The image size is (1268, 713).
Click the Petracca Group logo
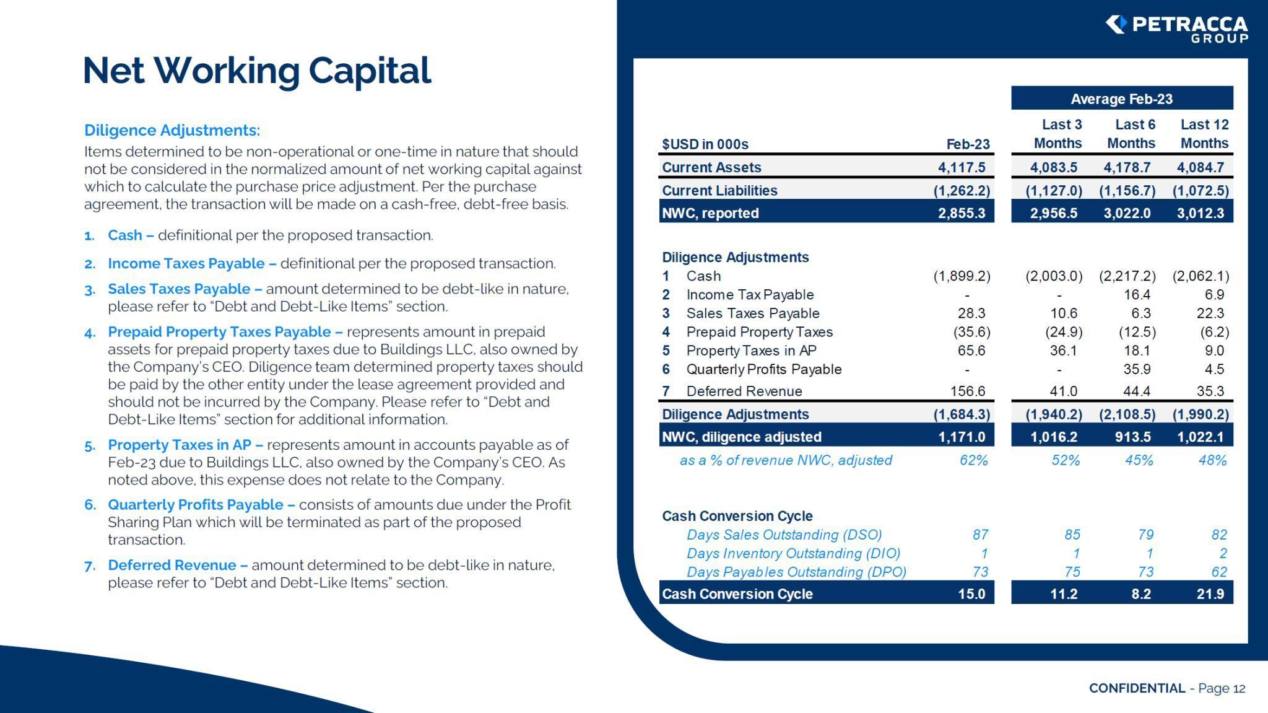(x=1176, y=28)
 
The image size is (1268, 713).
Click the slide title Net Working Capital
(x=256, y=70)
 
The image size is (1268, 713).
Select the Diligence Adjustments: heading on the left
(x=172, y=130)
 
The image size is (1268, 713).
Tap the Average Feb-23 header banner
(x=1121, y=98)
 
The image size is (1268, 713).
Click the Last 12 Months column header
(x=1204, y=134)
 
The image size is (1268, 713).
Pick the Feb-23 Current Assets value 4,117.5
(x=961, y=167)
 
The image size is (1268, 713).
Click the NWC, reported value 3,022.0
(x=1127, y=213)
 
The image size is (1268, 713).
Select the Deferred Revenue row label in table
(x=744, y=391)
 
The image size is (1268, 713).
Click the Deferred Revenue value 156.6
(x=967, y=391)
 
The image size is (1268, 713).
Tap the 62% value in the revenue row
(x=973, y=460)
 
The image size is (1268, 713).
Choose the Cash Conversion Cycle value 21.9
(x=1210, y=593)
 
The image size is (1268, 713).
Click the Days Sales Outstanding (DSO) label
(x=784, y=535)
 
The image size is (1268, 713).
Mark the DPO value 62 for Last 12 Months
(x=1218, y=572)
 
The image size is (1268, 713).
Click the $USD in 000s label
(x=705, y=144)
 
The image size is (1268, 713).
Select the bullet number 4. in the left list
(x=90, y=333)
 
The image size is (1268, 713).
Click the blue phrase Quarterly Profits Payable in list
(x=195, y=504)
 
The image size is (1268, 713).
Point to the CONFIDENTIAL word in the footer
(x=1137, y=688)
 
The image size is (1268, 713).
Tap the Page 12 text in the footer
(x=1221, y=688)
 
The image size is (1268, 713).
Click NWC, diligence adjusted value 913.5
(x=1132, y=437)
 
